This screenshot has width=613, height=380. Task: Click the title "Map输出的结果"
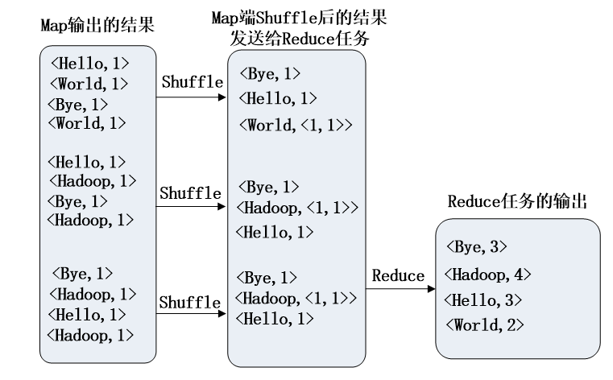97,26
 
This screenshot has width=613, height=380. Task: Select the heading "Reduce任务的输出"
517,201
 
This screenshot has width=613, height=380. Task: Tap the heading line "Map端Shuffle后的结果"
298,18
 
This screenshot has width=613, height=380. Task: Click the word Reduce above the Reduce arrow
398,276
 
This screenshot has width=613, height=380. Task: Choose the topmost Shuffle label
191,82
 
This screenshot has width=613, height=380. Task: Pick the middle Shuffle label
190,193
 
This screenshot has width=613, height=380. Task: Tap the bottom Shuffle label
190,303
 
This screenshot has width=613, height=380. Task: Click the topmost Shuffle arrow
191,98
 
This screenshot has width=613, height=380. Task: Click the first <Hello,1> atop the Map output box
89,62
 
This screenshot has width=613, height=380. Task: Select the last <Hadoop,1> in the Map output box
90,334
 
